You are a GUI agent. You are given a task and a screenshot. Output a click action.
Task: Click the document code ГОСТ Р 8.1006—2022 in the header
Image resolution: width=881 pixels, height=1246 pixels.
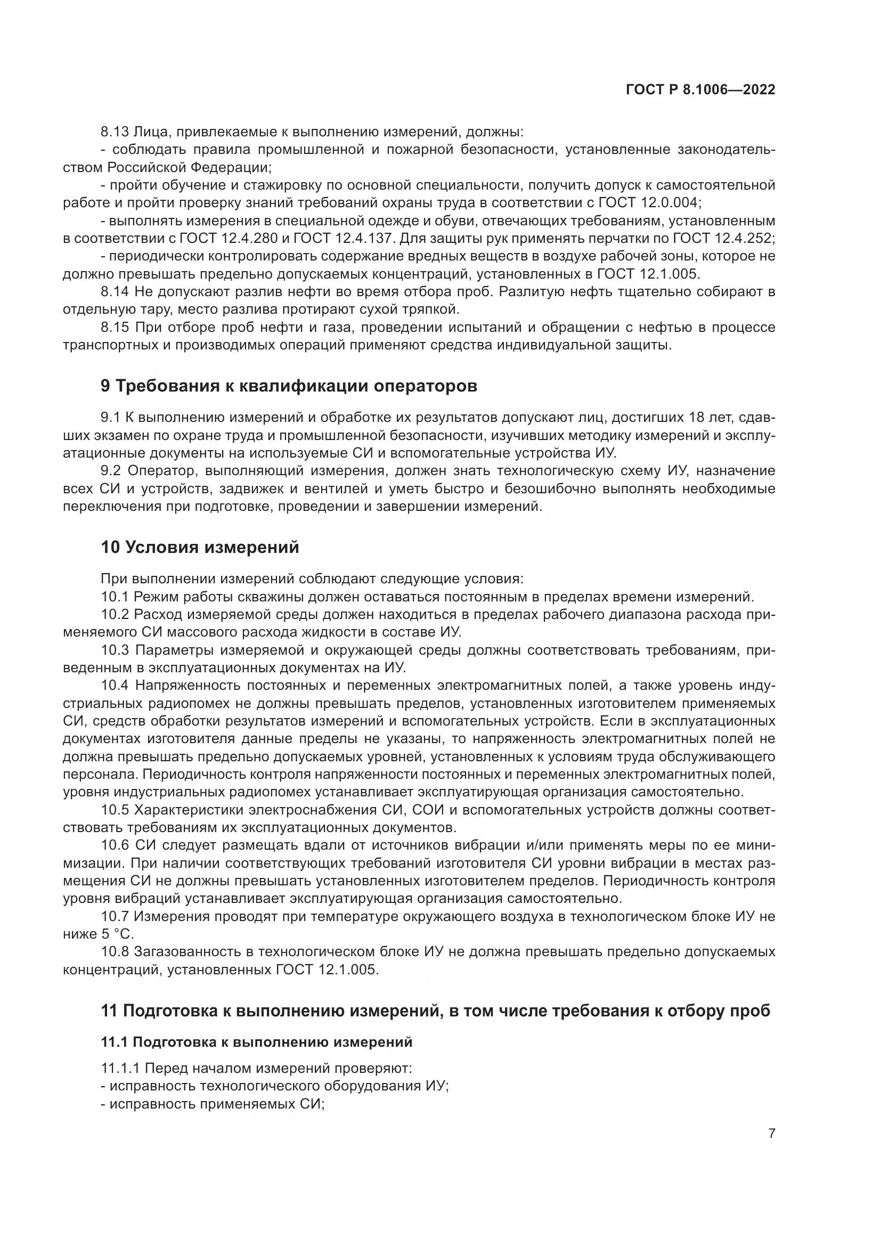[700, 90]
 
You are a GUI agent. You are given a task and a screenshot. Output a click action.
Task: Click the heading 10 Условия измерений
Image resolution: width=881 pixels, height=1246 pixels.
[200, 547]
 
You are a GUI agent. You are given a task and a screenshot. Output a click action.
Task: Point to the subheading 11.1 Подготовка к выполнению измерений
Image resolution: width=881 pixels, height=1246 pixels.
[257, 1042]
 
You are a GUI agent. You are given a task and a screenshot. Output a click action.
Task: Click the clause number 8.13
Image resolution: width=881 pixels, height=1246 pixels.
[115, 132]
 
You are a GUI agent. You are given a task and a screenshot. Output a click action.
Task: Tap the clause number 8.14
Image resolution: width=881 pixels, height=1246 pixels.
[115, 292]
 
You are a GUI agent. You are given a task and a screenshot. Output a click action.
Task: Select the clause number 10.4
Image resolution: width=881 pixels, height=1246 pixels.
[115, 686]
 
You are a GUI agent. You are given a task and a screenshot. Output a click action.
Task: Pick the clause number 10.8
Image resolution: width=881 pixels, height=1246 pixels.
[115, 952]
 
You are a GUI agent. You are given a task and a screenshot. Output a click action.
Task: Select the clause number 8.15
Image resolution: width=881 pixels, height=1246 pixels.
[115, 328]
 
